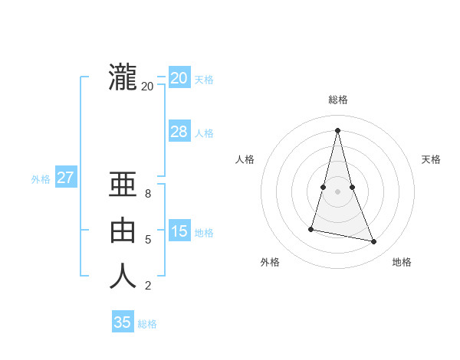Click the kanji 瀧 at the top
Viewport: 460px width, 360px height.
(123, 78)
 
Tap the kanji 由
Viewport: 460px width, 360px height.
(123, 231)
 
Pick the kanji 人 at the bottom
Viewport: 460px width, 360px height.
(123, 277)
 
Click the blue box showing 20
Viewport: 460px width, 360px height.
(179, 77)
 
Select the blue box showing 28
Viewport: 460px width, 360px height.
(179, 132)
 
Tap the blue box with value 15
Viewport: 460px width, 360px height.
(179, 231)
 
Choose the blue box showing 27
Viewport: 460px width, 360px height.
(65, 178)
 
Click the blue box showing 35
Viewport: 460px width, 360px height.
(123, 322)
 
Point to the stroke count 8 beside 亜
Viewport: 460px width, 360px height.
(148, 195)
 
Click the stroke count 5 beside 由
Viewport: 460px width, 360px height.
(148, 240)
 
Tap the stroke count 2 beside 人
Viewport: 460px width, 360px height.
(148, 286)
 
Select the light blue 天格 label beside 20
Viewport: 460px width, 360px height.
(204, 80)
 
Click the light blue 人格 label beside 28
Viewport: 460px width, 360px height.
(204, 133)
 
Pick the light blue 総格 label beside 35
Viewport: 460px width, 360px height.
(147, 324)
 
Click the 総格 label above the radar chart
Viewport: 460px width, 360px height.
(338, 100)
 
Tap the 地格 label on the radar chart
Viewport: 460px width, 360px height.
(402, 262)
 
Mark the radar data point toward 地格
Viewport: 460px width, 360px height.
(374, 242)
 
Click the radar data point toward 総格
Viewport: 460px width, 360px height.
(338, 129)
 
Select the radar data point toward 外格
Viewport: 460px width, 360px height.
(311, 229)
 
